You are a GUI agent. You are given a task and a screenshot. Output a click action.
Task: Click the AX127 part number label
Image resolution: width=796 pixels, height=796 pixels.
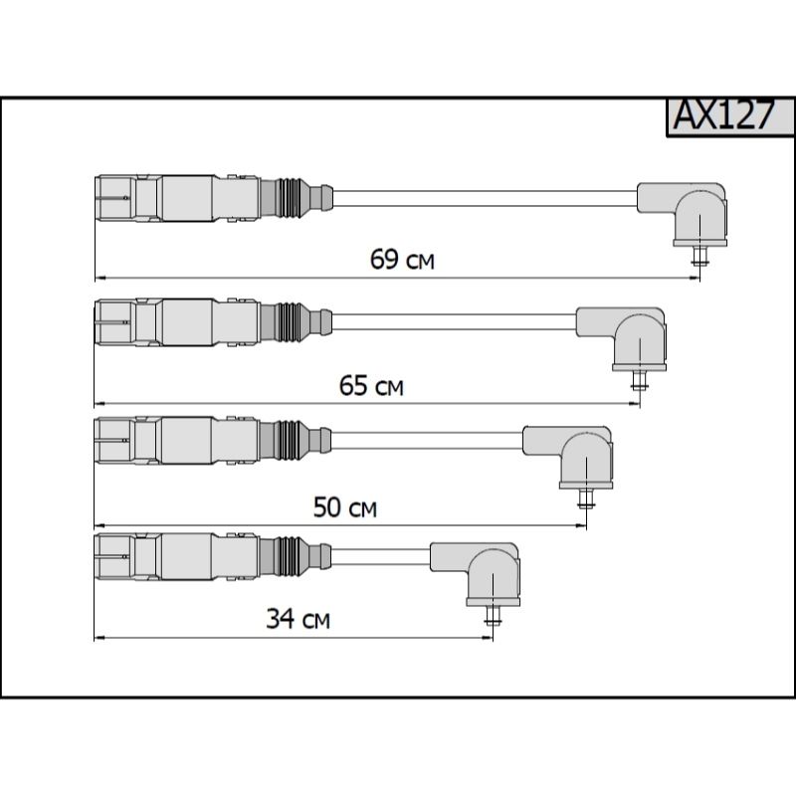click(724, 115)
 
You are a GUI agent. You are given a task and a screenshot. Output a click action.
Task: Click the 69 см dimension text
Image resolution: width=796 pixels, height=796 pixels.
click(402, 259)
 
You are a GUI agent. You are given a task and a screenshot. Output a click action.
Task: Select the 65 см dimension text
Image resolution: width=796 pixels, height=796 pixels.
click(371, 385)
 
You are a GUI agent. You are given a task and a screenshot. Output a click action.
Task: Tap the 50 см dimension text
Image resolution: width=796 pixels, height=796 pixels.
click(345, 507)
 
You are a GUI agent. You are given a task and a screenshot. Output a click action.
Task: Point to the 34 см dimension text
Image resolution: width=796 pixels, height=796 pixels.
click(298, 619)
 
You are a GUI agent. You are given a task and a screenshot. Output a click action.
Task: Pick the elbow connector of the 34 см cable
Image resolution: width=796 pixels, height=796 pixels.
click(479, 572)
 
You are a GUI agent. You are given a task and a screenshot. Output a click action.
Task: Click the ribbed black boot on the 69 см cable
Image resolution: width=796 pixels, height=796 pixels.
click(291, 198)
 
